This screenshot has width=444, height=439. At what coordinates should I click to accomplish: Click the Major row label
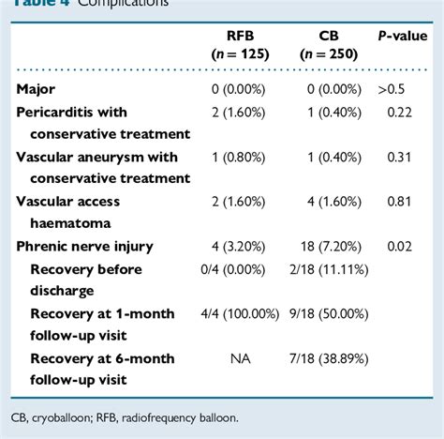(x=37, y=89)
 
